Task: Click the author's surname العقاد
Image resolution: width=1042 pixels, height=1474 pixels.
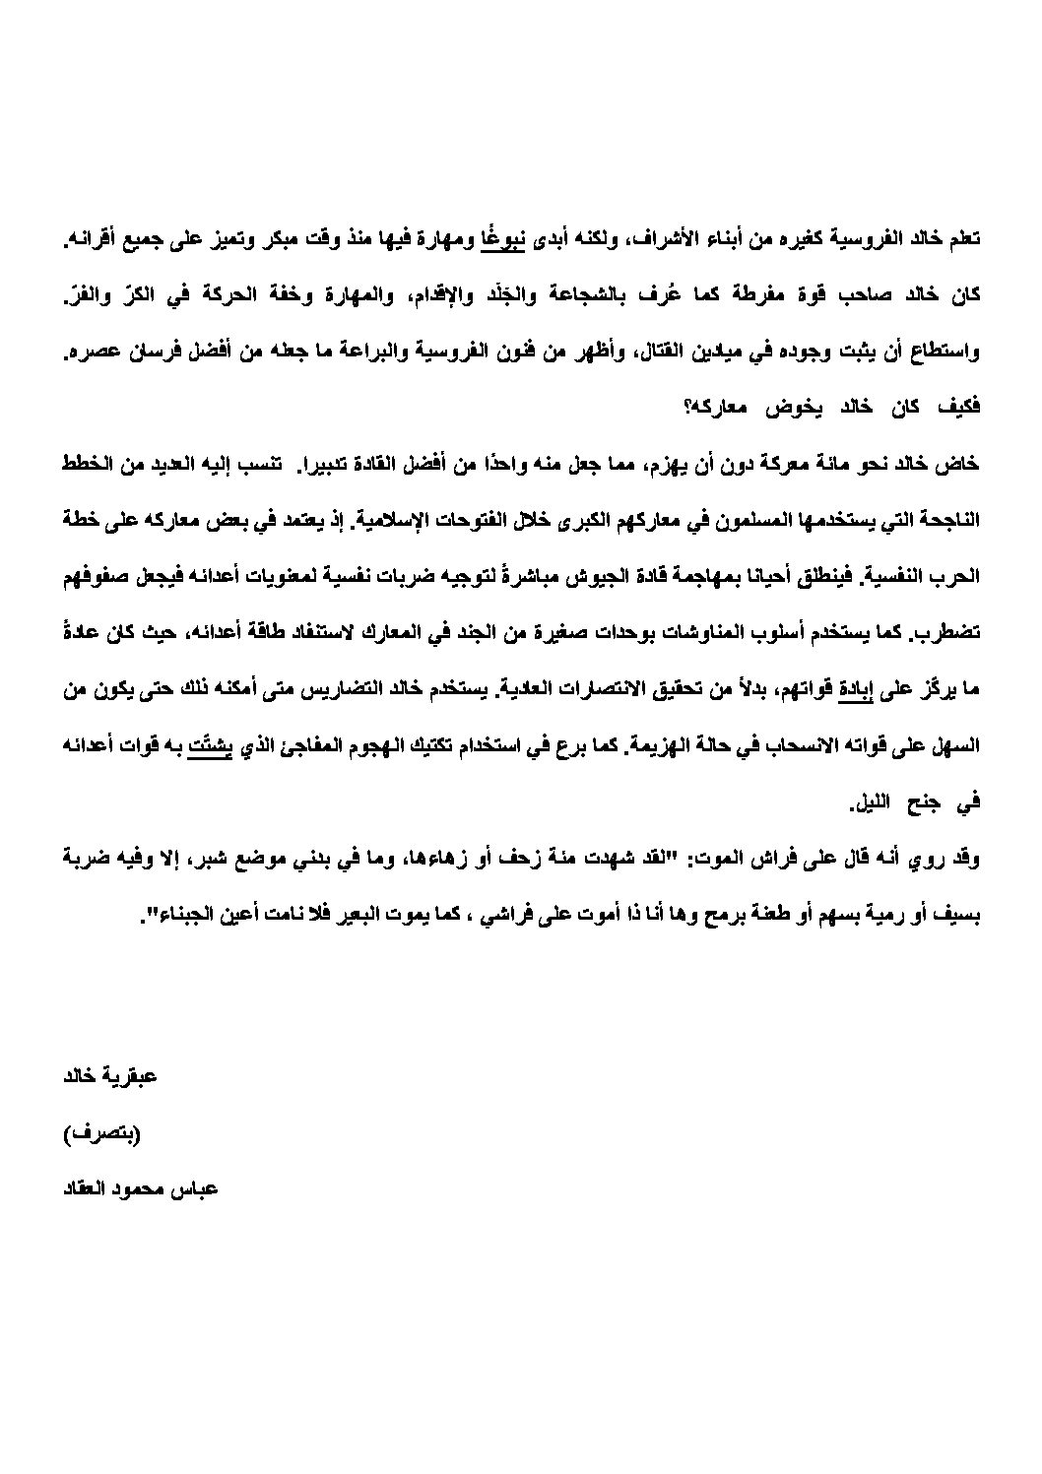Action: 88,1189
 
